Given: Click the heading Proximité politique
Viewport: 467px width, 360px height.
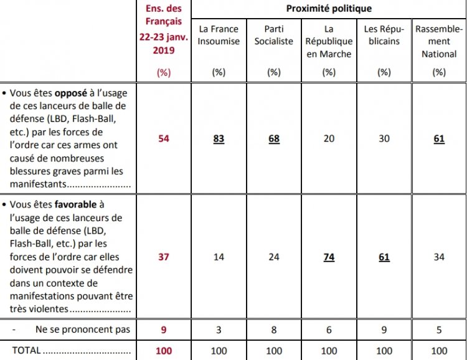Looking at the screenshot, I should click(x=329, y=9).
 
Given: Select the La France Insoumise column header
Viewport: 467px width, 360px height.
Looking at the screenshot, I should click(x=219, y=35).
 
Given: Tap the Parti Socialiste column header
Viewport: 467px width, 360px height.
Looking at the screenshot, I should click(x=274, y=35).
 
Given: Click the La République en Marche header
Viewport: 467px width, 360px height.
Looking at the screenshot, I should click(x=329, y=41).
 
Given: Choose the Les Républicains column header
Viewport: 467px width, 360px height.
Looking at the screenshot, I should click(x=384, y=35).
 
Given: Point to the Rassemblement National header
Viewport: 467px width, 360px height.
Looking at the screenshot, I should click(x=439, y=41).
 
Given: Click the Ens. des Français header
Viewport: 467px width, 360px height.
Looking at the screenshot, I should click(x=164, y=29).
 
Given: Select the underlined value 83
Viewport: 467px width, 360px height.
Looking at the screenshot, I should click(x=219, y=138).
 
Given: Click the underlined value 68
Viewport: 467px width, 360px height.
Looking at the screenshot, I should click(x=274, y=138).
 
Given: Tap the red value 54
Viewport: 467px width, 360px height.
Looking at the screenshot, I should click(x=164, y=138).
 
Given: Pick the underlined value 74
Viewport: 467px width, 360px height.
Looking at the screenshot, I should click(x=329, y=257).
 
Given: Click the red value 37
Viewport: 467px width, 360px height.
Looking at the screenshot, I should click(x=164, y=257).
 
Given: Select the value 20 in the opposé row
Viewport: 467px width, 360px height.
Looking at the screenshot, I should click(x=329, y=138).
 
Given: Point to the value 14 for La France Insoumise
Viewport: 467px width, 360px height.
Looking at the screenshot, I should click(x=219, y=257).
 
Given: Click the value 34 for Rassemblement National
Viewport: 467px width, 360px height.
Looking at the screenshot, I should click(x=439, y=257).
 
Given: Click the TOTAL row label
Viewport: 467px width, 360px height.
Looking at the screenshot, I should click(x=26, y=351).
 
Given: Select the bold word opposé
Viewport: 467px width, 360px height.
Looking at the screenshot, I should click(x=70, y=93).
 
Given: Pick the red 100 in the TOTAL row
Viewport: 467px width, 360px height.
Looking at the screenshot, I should click(x=164, y=351).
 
